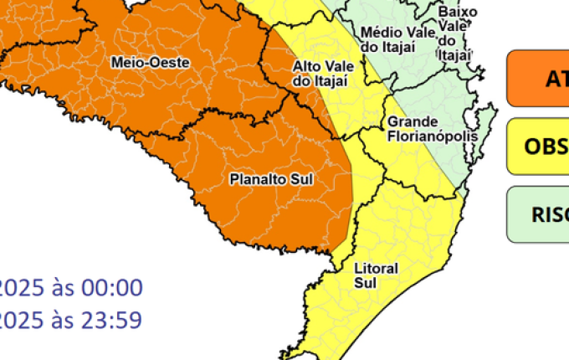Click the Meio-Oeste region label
[x=151, y=63]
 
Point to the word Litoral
[x=377, y=269]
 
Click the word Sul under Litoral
[x=366, y=283]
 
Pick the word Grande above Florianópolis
[x=408, y=121]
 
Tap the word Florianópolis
[x=432, y=136]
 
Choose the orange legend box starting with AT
[x=537, y=79]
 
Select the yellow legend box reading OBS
[x=537, y=147]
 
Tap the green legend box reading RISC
[x=537, y=214]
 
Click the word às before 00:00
[x=64, y=289]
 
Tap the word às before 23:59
[x=64, y=320]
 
